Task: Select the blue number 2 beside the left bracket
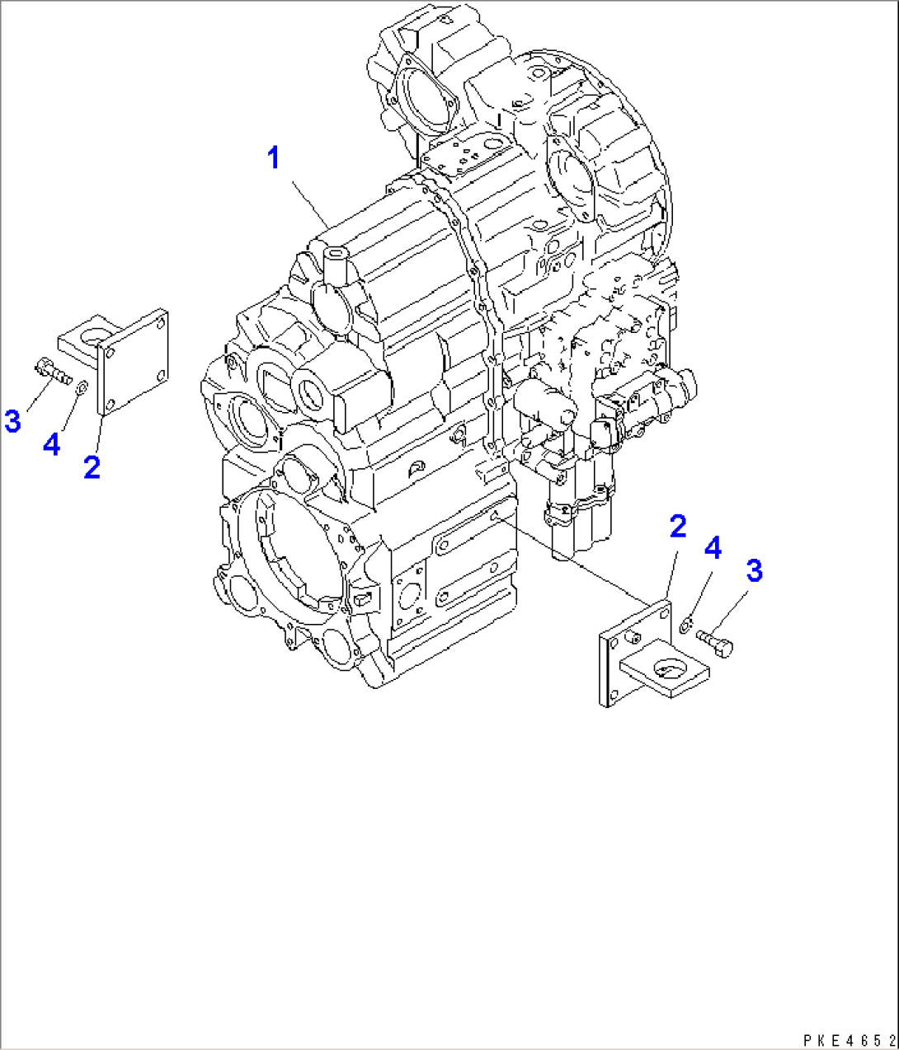92,467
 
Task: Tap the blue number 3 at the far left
12,421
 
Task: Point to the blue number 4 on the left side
51,445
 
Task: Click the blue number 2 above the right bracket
677,526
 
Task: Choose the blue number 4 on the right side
713,547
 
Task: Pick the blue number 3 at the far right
754,570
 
